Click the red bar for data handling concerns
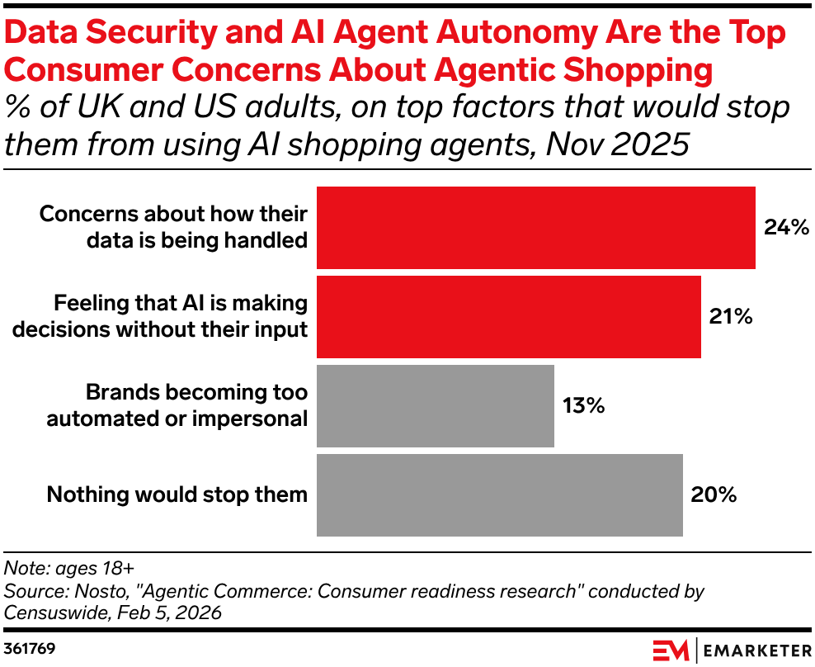click(536, 228)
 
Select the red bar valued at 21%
click(509, 317)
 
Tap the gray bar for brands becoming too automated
click(436, 406)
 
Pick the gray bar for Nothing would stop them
click(500, 494)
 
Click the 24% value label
click(786, 227)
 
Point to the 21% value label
click(731, 316)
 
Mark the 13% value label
click(584, 405)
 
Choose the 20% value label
click(714, 494)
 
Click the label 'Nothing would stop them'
click(177, 494)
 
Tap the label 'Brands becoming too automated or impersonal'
click(177, 405)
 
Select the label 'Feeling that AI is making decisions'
click(160, 316)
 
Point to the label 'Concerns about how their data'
click(173, 227)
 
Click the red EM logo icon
click(671, 650)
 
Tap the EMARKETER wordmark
click(757, 650)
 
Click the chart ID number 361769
click(29, 649)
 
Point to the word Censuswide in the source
click(55, 613)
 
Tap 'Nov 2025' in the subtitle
click(618, 144)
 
